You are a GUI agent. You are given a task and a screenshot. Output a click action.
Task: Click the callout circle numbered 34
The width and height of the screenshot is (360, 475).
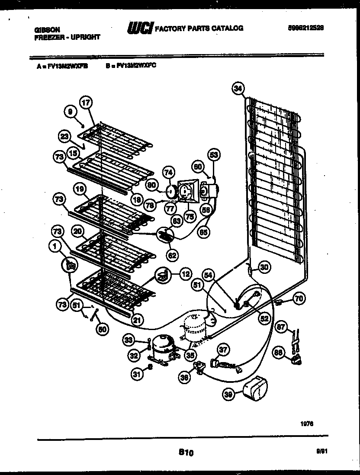tap(237, 88)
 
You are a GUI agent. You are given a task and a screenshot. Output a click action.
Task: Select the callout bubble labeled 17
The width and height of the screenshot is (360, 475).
tap(86, 103)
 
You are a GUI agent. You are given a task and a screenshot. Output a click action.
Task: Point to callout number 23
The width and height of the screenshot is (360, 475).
tap(64, 136)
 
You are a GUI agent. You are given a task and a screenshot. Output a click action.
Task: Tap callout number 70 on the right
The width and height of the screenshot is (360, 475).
tap(299, 298)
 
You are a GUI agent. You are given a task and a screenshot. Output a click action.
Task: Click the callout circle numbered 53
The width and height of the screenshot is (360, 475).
tap(214, 154)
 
